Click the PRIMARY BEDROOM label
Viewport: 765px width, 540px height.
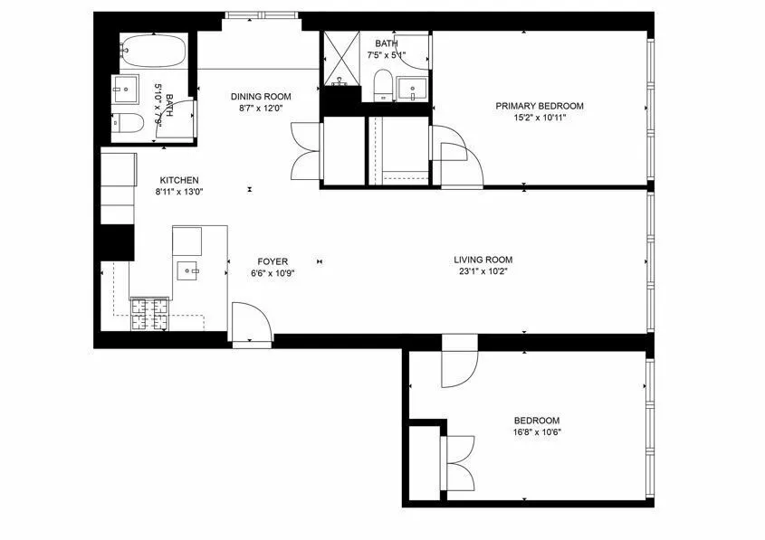pos(540,106)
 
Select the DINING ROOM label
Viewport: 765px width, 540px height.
pos(261,97)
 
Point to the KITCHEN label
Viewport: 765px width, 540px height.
pos(179,180)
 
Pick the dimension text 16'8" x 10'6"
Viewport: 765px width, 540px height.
pos(537,431)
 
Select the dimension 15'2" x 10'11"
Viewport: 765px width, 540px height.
pos(540,118)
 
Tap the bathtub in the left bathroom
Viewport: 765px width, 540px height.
pos(154,50)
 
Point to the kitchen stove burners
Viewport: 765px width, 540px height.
pos(151,312)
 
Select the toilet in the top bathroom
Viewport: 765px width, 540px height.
pos(383,88)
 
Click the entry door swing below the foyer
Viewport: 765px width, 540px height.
pos(251,322)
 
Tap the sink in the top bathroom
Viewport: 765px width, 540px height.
pos(416,91)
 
